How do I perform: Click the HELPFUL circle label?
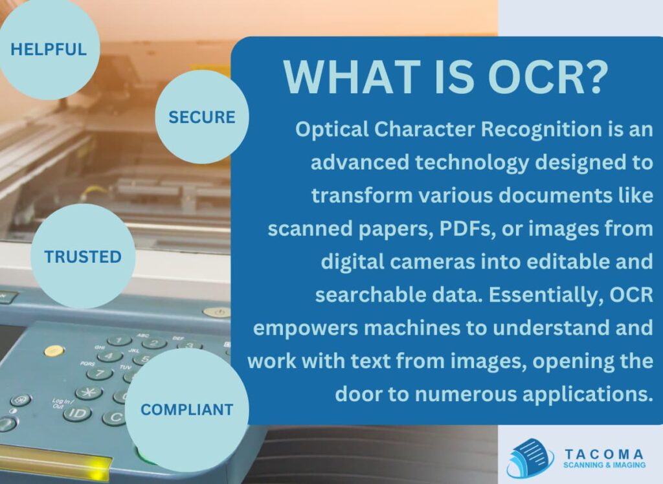[x=49, y=49]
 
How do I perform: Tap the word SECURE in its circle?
[x=201, y=117]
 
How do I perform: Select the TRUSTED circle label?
[x=83, y=257]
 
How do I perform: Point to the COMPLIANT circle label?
[x=187, y=410]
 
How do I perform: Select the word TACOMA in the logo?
[x=603, y=454]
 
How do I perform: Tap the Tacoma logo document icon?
[x=529, y=457]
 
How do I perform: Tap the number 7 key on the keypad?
[x=99, y=374]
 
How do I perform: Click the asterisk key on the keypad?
[x=88, y=392]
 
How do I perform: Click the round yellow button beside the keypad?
[x=54, y=351]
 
